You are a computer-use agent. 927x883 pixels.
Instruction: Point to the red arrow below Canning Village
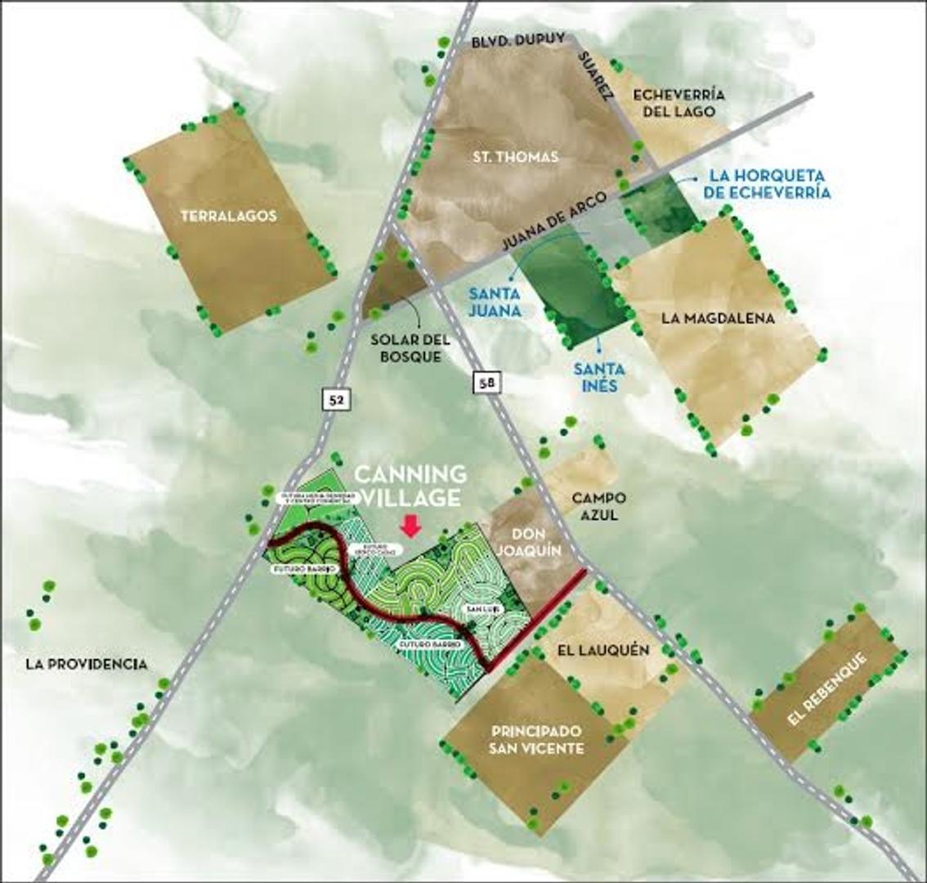coord(411,527)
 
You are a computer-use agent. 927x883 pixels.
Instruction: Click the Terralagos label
coord(228,217)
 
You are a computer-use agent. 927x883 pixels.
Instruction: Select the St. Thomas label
coord(516,156)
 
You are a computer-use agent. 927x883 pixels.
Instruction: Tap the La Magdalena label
coord(718,318)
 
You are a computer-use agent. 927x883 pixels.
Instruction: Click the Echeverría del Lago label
coord(679,102)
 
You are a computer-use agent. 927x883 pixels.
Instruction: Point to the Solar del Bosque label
coord(405,348)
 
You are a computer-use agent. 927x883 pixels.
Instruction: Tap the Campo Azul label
coord(598,506)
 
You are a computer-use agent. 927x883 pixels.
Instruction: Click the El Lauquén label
coord(603,650)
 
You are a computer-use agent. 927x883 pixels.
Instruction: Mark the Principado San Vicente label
coord(536,739)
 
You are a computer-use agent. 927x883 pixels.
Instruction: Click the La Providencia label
coord(87,664)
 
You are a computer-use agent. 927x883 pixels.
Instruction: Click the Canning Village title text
coord(410,486)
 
